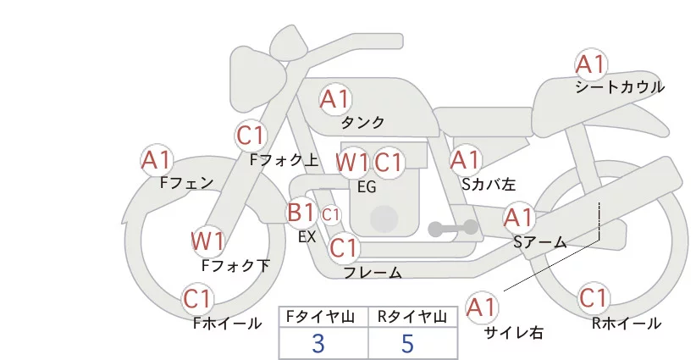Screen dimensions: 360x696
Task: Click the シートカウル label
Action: (620, 87)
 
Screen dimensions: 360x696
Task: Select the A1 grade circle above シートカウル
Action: (591, 64)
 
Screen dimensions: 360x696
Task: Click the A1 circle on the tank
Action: (334, 99)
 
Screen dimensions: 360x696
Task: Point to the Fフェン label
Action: (186, 181)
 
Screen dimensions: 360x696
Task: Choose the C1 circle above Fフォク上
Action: (251, 136)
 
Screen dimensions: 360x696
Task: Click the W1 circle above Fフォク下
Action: (207, 241)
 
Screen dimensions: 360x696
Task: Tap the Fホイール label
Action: (227, 323)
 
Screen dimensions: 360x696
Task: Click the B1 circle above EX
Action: (301, 212)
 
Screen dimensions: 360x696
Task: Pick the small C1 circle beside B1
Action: (330, 213)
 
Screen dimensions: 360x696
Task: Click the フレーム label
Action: (373, 273)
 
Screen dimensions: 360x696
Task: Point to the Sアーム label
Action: (539, 242)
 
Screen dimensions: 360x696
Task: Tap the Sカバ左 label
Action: (489, 182)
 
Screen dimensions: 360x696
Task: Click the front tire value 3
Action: (318, 343)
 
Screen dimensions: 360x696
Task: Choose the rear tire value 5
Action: (408, 343)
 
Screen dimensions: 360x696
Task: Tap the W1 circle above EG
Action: (351, 163)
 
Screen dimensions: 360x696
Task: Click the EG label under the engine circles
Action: (367, 187)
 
